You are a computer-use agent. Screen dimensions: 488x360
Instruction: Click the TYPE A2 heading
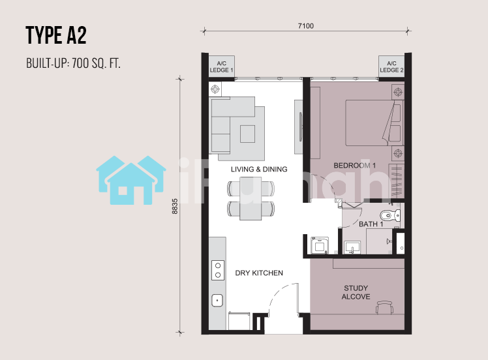pos(56,35)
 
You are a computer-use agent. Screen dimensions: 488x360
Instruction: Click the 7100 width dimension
pos(306,26)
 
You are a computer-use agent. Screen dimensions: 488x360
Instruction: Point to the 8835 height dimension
pos(175,206)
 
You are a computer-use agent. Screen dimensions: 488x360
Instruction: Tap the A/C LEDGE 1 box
pos(221,67)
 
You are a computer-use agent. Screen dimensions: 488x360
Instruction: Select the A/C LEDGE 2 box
pos(391,67)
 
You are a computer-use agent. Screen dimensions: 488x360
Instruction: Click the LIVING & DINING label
pos(259,170)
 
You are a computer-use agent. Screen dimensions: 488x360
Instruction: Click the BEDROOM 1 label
pos(354,166)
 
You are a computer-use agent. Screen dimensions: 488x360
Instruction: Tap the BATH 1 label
pos(371,224)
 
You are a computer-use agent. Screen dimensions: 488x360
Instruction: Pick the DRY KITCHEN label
pos(259,273)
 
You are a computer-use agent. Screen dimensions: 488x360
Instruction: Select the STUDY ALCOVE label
pos(356,292)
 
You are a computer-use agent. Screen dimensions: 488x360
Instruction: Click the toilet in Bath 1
pos(390,215)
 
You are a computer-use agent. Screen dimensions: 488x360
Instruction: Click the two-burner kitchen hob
pos(218,270)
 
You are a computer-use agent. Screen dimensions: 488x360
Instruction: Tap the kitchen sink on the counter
pos(217,301)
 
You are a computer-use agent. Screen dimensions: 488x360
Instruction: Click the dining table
pos(251,198)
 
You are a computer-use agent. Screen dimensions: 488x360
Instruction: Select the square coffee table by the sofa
pos(248,134)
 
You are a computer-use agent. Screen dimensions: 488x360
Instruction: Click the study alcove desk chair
pos(385,307)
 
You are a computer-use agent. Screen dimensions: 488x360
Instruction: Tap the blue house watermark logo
pos(131,180)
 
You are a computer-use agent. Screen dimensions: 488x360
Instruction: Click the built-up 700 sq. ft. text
pos(73,63)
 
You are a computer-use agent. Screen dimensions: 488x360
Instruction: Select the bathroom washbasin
pos(352,248)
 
